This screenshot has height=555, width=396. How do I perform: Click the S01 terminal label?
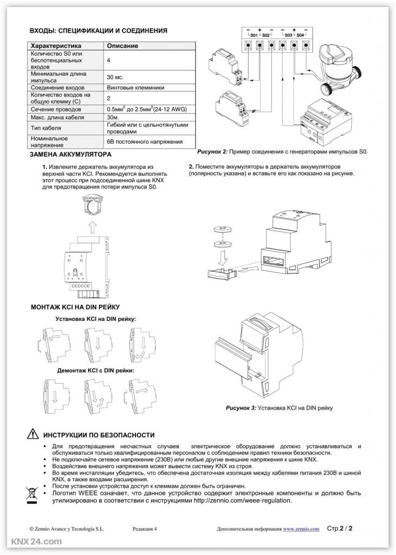coord(253,35)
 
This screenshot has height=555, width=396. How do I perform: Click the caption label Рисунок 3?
coord(241,406)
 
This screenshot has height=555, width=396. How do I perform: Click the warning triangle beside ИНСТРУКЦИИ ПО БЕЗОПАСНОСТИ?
coord(30,435)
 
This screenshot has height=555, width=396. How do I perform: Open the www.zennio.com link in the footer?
coord(301,527)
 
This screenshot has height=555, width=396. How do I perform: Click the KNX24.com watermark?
coord(32,542)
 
